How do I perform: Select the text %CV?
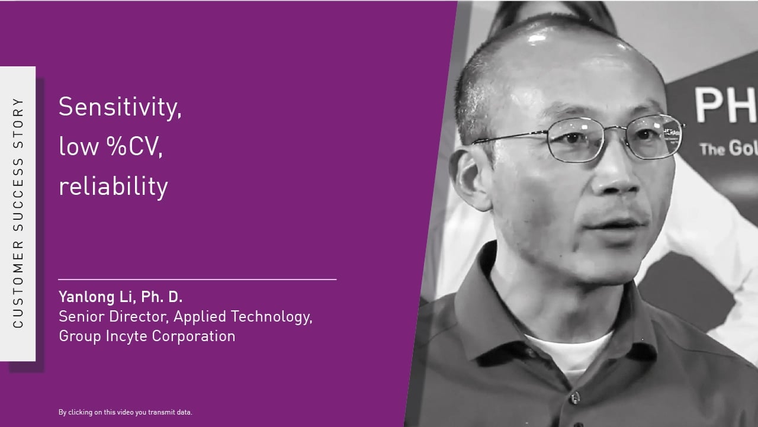[x=134, y=147]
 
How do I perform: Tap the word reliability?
[x=113, y=186]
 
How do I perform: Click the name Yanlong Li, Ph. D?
[x=120, y=297]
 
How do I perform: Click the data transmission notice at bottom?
[x=125, y=412]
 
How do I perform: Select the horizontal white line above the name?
[x=197, y=279]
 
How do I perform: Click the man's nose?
[x=616, y=178]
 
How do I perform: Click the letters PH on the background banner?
[x=725, y=105]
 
